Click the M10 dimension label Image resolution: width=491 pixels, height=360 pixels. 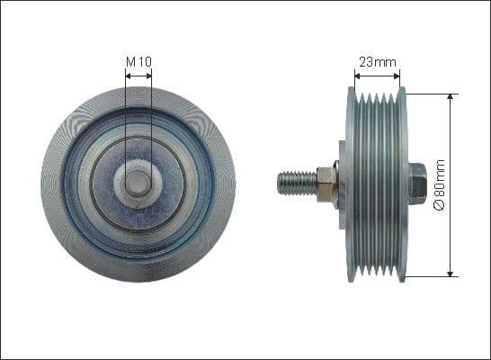(x=138, y=61)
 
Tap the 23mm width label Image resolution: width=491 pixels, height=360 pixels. (x=376, y=62)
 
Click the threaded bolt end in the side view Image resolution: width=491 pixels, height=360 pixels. (x=298, y=184)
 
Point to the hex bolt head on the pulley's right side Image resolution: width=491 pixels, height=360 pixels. (x=416, y=183)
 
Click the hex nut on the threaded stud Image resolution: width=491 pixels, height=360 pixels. (x=327, y=184)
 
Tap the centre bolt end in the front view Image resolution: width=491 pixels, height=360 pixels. (x=138, y=183)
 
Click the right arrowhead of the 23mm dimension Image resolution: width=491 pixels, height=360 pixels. (x=400, y=76)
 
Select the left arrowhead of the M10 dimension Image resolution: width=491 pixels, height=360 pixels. (x=129, y=76)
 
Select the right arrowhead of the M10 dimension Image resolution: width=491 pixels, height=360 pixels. (x=148, y=76)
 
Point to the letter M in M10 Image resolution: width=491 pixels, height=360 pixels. (x=130, y=61)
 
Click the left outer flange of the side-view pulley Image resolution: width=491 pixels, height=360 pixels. (x=350, y=183)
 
